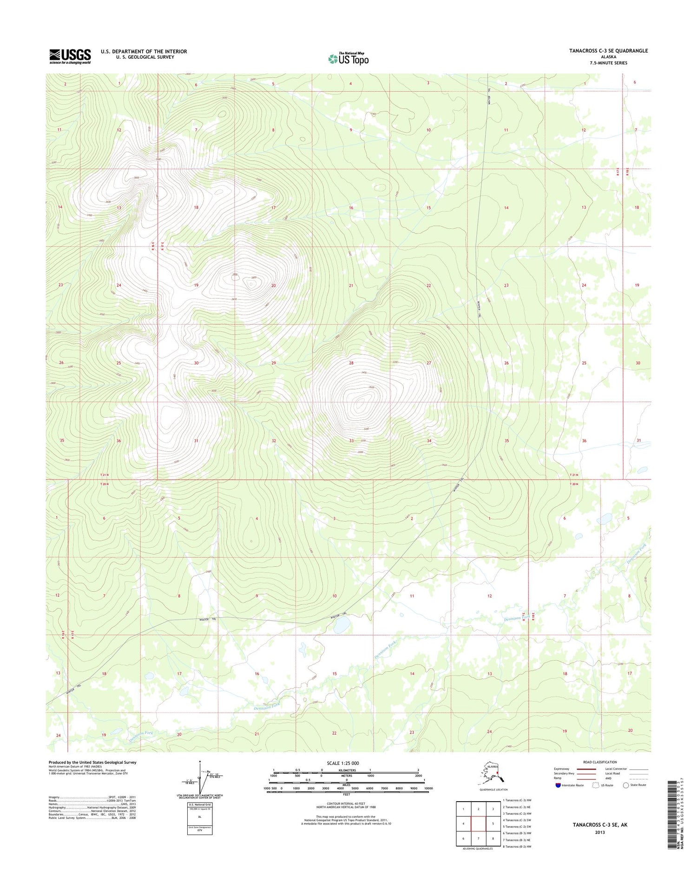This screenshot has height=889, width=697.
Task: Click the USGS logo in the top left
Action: click(70, 57)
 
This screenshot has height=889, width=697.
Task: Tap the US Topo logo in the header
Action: click(348, 59)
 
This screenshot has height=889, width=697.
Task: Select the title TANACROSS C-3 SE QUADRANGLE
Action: click(608, 51)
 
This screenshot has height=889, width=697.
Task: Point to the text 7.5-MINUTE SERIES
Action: click(608, 63)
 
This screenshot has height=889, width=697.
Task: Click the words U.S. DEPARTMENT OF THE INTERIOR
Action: click(144, 52)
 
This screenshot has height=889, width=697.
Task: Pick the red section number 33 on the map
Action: click(352, 441)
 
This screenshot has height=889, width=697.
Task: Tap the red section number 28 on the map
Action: click(351, 363)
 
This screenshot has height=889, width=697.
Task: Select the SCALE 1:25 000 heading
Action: click(343, 763)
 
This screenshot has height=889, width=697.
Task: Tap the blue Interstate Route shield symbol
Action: click(558, 785)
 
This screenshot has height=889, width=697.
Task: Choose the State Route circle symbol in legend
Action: click(626, 785)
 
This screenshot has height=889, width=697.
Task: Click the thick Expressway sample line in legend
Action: click(586, 769)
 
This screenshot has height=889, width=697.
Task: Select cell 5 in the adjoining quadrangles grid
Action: click(493, 823)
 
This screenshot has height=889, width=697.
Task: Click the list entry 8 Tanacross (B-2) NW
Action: click(517, 846)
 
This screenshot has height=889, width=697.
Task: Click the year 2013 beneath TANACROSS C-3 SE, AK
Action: click(599, 832)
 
